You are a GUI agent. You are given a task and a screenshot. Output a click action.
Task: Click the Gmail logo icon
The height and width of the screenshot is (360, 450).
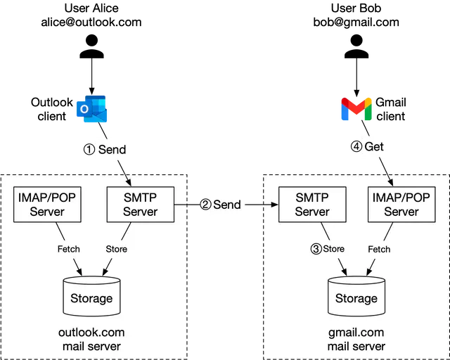click(356, 110)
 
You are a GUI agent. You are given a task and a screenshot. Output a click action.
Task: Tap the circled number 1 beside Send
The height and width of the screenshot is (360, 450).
click(89, 150)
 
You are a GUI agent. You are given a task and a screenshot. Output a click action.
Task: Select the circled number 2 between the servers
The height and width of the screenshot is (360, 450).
click(205, 205)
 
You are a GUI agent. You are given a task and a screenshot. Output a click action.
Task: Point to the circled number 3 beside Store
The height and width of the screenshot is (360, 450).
click(316, 249)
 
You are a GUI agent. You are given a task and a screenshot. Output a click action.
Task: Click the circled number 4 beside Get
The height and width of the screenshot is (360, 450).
click(356, 147)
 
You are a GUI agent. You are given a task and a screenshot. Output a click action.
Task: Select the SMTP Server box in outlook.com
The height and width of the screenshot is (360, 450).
click(140, 205)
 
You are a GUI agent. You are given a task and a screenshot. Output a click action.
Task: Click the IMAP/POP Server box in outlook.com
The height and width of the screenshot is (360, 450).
click(47, 205)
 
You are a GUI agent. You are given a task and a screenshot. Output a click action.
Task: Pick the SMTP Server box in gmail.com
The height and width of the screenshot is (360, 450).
click(311, 205)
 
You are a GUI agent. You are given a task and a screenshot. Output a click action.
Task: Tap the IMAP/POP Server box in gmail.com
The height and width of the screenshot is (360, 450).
click(401, 205)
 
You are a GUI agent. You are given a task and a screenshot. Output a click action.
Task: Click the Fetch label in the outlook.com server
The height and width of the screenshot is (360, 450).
click(68, 249)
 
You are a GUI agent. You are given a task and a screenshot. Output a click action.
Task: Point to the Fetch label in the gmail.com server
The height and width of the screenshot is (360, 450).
click(379, 249)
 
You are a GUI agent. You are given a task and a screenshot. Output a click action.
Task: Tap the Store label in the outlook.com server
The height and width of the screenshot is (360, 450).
click(116, 249)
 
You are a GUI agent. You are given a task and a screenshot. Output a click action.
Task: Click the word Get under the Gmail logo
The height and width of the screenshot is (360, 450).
click(374, 147)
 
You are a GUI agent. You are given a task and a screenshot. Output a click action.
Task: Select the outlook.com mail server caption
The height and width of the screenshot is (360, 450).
click(91, 340)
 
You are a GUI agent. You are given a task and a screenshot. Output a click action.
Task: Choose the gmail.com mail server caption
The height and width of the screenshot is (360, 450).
click(356, 340)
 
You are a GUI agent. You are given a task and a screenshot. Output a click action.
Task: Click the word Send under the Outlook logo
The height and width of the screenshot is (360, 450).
click(112, 150)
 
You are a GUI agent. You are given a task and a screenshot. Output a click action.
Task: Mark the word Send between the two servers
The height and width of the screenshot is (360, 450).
click(227, 205)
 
